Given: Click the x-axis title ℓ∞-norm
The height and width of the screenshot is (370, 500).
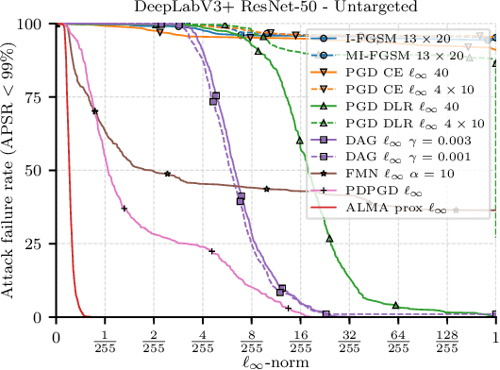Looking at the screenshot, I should click(276, 360).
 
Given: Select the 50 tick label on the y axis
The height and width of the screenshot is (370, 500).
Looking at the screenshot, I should click(40, 171).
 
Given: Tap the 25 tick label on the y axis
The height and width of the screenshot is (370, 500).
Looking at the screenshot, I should click(40, 244).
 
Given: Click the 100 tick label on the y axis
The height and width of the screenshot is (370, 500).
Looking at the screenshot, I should click(36, 24).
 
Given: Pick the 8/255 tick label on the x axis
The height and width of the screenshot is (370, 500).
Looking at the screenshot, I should click(252, 340).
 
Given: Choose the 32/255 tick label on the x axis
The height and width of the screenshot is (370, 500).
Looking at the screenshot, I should click(349, 340).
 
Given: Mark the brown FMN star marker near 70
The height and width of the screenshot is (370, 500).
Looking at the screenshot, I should click(95, 112).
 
